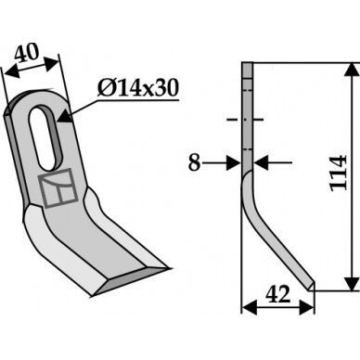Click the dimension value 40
[x=27, y=53]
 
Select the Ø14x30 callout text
[x=138, y=87]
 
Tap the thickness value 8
[x=195, y=163]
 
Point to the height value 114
[x=339, y=173]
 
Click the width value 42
[x=278, y=294]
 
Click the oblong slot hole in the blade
[x=45, y=138]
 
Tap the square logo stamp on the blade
[x=58, y=188]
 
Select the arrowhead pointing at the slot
[x=65, y=116]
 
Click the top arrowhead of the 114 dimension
[x=352, y=70]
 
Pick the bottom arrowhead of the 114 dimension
[x=352, y=284]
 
